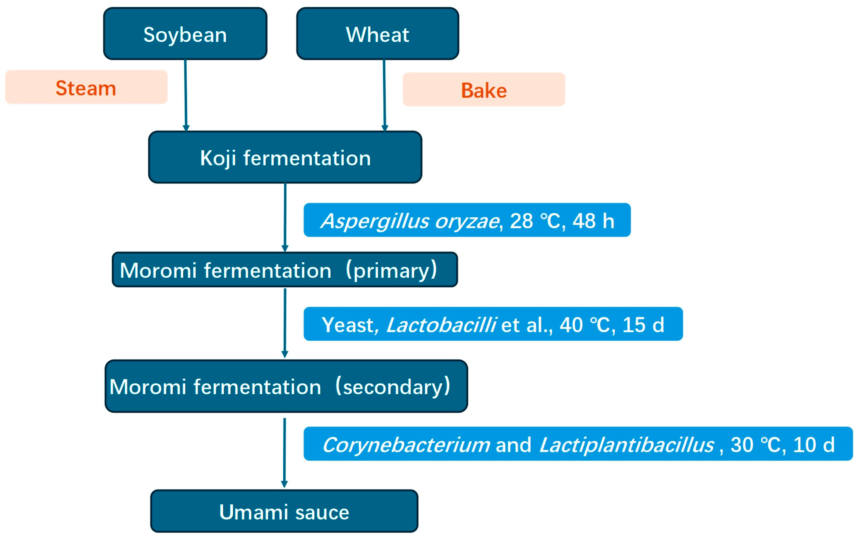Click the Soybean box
point(185,34)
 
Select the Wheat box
point(377,34)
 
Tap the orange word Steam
point(86,88)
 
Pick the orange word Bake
point(484,90)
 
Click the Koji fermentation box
point(285,158)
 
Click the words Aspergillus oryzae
point(410,221)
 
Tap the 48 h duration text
point(593,221)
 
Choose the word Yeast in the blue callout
point(347,325)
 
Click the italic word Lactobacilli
point(441,325)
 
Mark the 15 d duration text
point(643,325)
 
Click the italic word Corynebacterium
point(406,445)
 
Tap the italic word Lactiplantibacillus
point(626,445)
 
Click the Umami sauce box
point(284,512)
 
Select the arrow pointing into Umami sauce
point(284,453)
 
